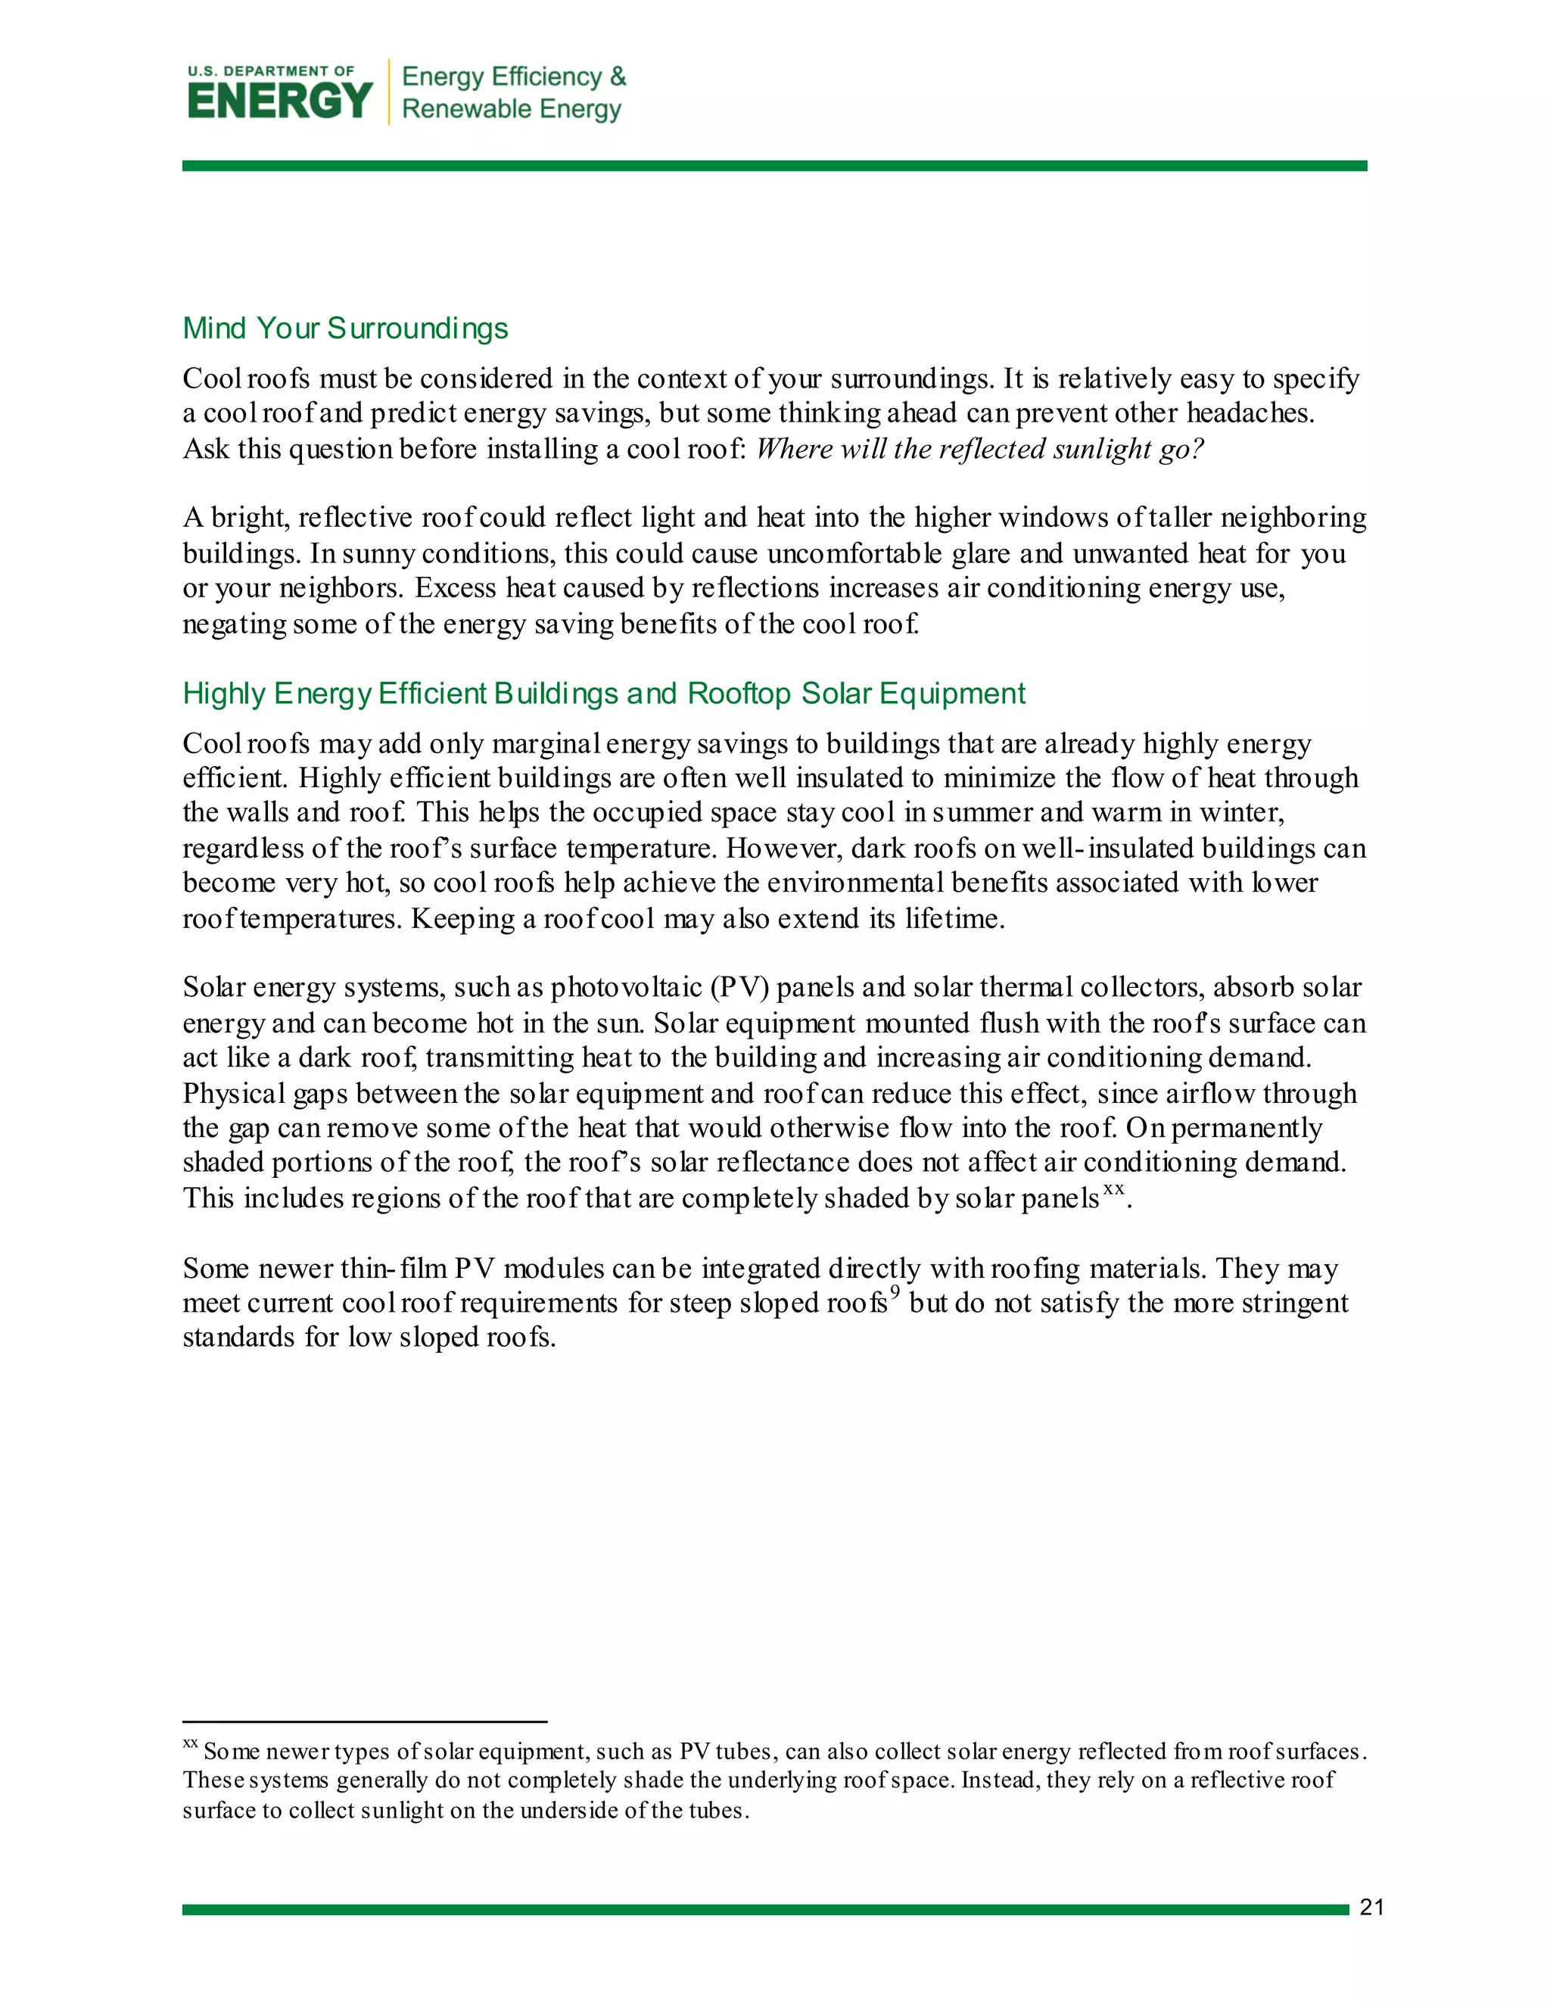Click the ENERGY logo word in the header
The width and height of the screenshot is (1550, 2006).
click(280, 100)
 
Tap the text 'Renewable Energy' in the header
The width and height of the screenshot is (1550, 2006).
click(512, 109)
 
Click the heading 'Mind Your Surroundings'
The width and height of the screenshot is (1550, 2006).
click(345, 328)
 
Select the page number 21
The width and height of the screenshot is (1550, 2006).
click(1371, 1907)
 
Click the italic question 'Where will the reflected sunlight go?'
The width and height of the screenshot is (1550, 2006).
click(979, 449)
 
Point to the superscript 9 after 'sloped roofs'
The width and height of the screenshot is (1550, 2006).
click(895, 1293)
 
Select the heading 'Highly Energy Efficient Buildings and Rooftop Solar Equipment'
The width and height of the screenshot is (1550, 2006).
click(603, 693)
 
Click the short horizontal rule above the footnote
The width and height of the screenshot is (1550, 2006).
click(365, 1721)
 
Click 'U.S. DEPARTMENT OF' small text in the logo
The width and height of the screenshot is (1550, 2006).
click(271, 70)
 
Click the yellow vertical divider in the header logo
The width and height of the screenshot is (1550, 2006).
click(389, 92)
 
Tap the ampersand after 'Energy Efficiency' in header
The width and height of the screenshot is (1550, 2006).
click(618, 76)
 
